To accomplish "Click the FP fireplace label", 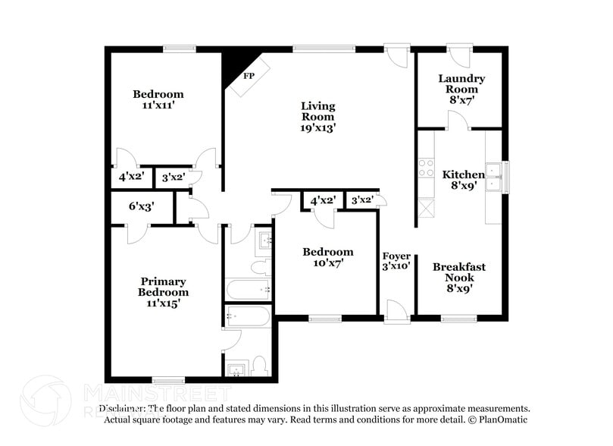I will point(249,76).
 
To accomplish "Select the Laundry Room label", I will point(461,83).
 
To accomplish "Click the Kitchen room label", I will point(463,174).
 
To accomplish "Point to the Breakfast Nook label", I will point(459,272).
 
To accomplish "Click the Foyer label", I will point(396,256).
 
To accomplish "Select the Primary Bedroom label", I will point(163,287).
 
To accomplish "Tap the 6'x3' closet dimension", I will point(142,206).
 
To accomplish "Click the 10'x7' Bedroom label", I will point(327,252).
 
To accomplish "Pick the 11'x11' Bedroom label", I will point(158,94).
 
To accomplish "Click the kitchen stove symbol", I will point(425,167).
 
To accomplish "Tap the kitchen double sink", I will point(494,176).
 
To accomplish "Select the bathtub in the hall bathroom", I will point(249,289).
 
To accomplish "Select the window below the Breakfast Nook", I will point(458,319).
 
